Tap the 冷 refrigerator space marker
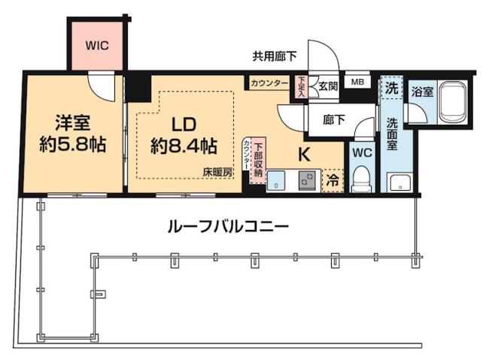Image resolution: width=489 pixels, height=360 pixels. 333,180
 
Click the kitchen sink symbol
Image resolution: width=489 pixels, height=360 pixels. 277,180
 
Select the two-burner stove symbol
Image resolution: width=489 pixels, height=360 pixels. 307,180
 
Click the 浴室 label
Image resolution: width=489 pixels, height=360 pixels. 421,92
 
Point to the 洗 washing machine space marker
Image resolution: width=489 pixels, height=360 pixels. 391,89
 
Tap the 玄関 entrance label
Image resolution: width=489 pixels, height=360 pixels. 327,85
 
